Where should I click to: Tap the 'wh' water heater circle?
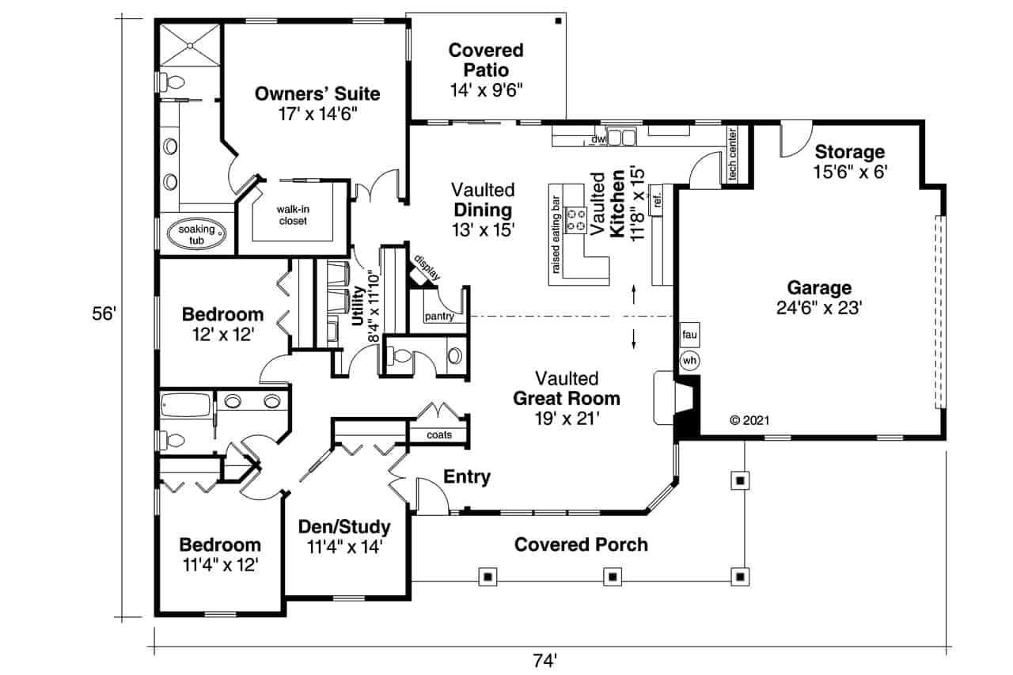pyautogui.click(x=689, y=361)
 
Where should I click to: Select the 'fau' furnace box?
pyautogui.click(x=689, y=335)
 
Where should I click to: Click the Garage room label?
pyautogui.click(x=819, y=288)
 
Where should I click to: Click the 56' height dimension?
pyautogui.click(x=104, y=314)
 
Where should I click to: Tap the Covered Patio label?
pyautogui.click(x=486, y=60)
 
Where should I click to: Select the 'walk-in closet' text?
pyautogui.click(x=292, y=215)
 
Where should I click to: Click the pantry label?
pyautogui.click(x=438, y=317)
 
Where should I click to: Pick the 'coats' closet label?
pyautogui.click(x=439, y=434)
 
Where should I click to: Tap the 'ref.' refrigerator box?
pyautogui.click(x=656, y=201)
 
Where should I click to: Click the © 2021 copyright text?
pyautogui.click(x=749, y=421)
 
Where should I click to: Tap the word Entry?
pyautogui.click(x=467, y=477)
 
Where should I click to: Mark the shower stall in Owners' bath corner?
pyautogui.click(x=190, y=46)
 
